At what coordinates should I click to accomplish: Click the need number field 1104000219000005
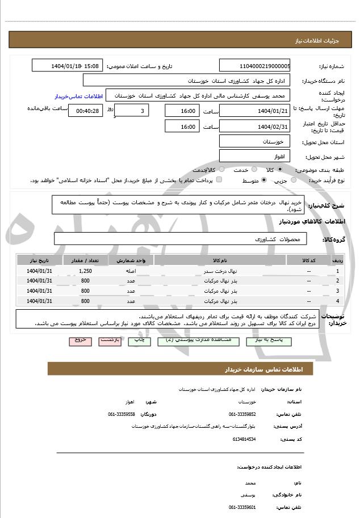(255, 66)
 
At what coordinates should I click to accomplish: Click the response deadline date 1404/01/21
(255, 111)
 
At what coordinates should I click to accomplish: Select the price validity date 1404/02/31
(255, 126)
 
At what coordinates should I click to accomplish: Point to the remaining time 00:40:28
(86, 111)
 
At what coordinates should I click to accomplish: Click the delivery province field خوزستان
(255, 141)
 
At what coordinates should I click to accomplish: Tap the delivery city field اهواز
(255, 155)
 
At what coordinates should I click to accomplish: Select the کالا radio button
(280, 169)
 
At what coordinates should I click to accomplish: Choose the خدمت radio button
(253, 169)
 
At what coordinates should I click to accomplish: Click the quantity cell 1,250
(86, 271)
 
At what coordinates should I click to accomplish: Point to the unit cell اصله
(131, 271)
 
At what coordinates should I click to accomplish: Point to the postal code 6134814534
(244, 439)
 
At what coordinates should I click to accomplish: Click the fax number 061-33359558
(122, 414)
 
